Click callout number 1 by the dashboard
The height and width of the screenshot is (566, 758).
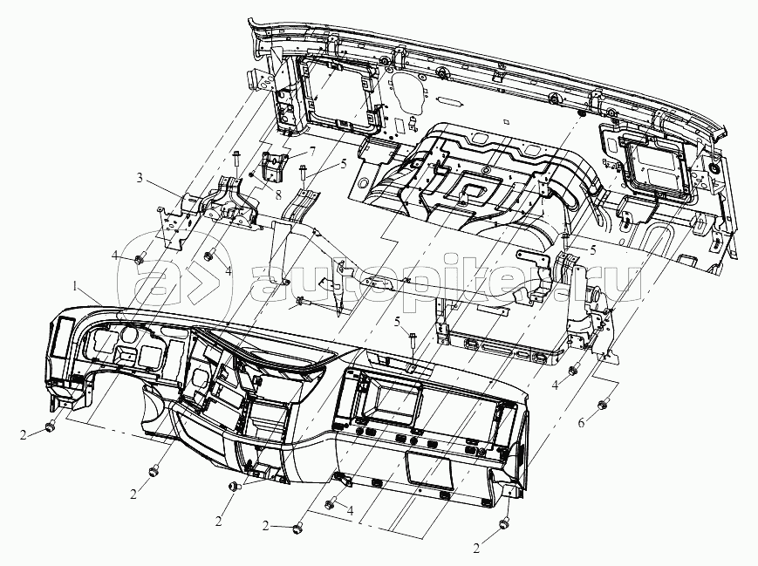point(79,286)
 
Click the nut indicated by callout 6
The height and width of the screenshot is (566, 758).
point(603,403)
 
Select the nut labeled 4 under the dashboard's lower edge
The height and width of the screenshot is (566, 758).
point(330,504)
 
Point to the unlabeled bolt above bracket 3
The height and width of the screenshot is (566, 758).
point(237,160)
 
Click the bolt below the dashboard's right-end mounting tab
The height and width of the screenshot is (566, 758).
point(505,524)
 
